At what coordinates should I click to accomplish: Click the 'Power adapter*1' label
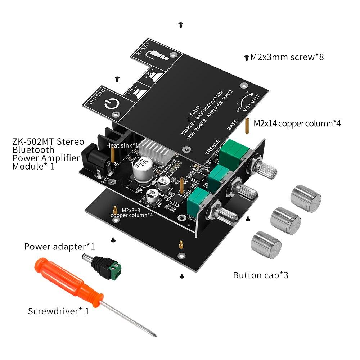click(59, 247)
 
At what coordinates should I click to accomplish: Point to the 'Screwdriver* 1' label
click(58, 311)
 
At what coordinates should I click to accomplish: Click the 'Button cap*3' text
click(261, 275)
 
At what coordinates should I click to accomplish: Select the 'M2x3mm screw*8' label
click(287, 57)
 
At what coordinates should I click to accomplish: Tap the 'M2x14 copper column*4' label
click(297, 123)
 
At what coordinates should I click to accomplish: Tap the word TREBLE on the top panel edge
click(212, 147)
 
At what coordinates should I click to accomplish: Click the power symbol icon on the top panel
click(110, 105)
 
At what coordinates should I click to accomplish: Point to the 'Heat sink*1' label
click(122, 145)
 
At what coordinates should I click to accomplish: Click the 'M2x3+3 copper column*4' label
click(131, 212)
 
